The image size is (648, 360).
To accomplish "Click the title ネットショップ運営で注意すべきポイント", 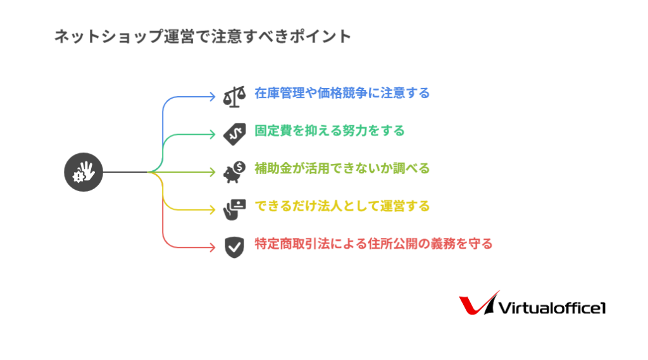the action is point(202,36).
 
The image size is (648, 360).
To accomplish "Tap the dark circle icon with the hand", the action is point(84,172).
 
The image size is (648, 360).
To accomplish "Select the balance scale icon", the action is point(234,97).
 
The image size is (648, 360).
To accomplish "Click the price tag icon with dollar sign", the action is point(234,134).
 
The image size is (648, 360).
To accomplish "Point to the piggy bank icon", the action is point(234,172).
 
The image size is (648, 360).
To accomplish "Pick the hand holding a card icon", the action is point(234,209).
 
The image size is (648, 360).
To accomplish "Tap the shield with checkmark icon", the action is point(234,247).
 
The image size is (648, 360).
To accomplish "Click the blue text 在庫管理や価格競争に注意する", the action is point(342,93).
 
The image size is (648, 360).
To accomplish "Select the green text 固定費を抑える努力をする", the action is point(329,130).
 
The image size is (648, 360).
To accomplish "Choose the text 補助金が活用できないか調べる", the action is point(342,168).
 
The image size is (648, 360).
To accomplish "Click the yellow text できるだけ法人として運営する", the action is point(342,206).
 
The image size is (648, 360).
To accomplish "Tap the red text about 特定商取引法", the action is point(373,244).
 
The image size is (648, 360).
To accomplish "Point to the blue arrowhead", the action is point(213,97).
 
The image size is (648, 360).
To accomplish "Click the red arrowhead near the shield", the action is point(213,247).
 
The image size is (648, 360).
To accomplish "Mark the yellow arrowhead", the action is point(213,209).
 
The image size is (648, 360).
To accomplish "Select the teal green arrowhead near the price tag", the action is point(213,134).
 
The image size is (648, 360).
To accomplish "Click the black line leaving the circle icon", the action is point(125,172).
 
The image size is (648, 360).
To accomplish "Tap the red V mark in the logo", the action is point(475,304).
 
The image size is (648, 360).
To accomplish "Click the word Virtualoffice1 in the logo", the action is point(552,308).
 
